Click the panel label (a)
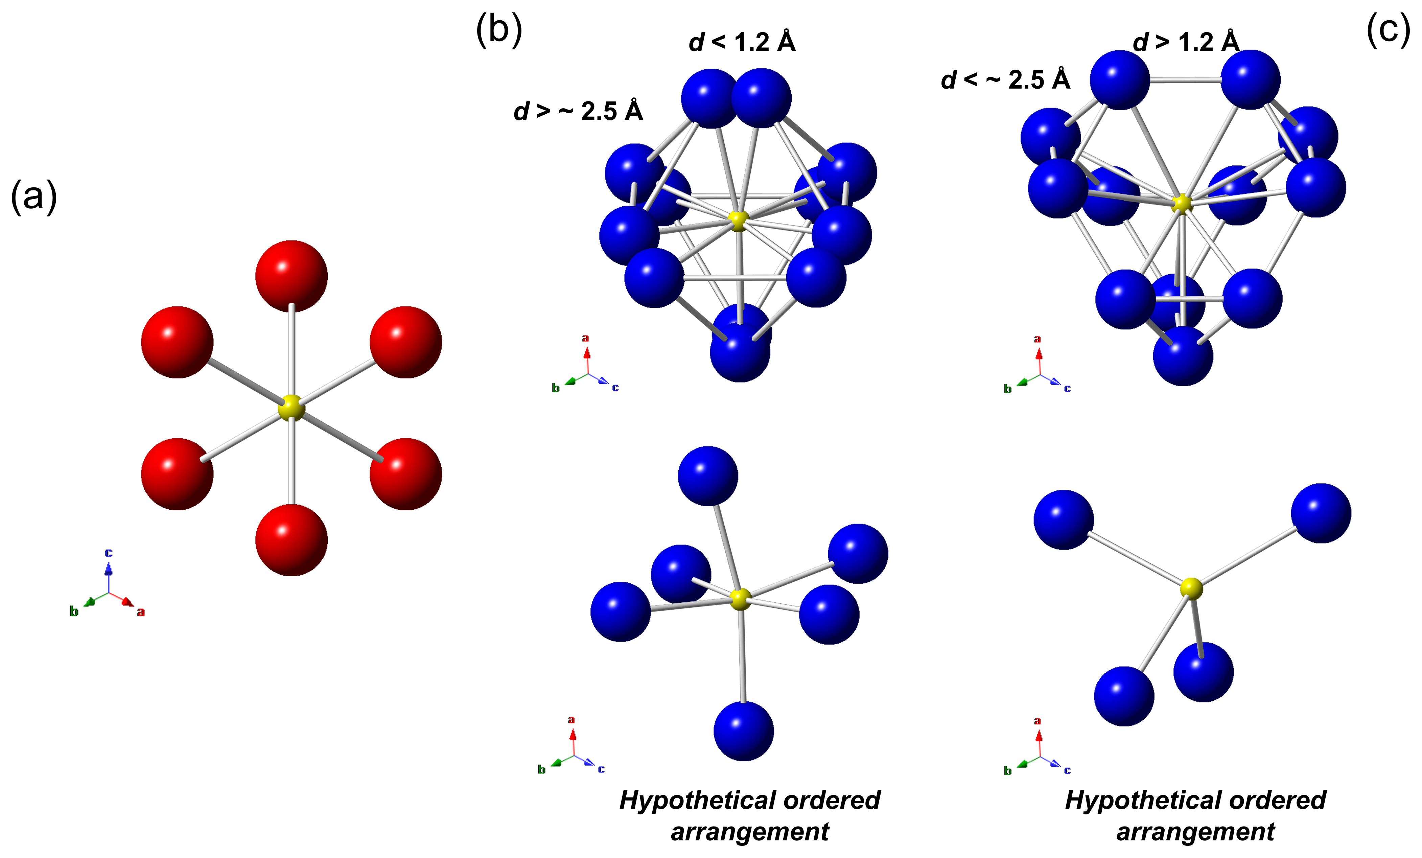click(33, 197)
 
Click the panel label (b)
click(498, 30)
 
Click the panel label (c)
click(1388, 30)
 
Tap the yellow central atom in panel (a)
click(292, 408)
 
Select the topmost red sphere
click(292, 276)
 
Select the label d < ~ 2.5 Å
click(1005, 79)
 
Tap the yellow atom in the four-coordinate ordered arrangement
click(1191, 588)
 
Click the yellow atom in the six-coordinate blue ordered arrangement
click(741, 599)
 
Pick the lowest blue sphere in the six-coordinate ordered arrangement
click(743, 731)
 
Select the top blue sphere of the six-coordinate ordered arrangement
click(707, 476)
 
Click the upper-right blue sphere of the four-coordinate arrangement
click(1321, 513)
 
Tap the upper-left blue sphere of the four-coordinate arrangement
click(1064, 519)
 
